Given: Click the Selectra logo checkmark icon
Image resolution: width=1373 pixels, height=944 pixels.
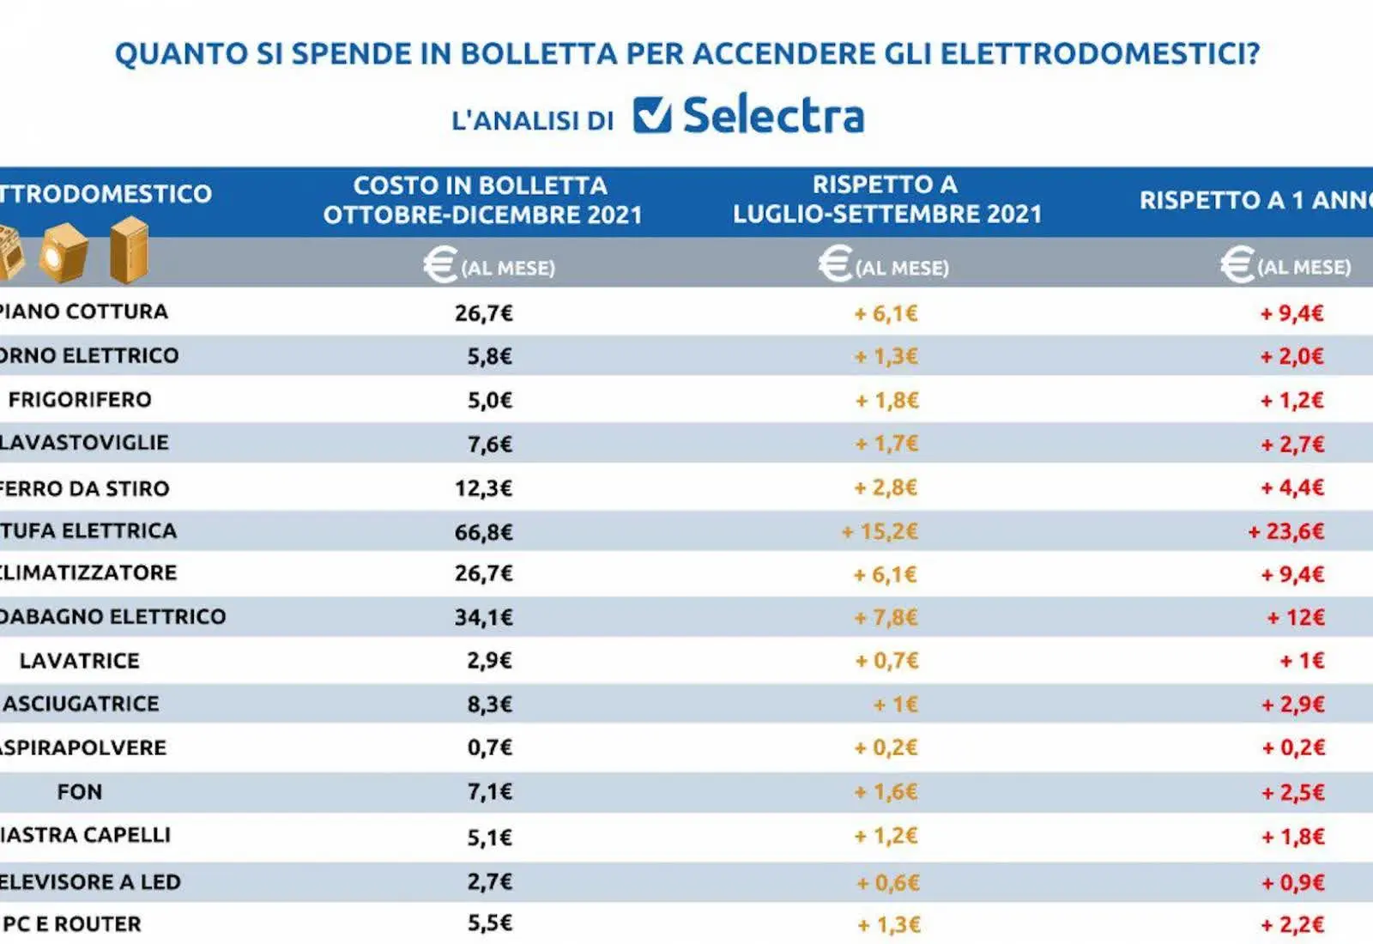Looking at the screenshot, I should point(652,114).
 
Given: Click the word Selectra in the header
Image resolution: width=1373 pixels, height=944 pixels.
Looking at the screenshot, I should point(773,116).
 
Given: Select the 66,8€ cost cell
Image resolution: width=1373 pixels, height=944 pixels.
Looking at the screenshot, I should point(483,532).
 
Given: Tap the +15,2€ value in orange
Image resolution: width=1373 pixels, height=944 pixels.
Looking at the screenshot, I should point(880,531).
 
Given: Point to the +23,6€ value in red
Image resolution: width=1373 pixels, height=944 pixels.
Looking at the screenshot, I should point(1286,531).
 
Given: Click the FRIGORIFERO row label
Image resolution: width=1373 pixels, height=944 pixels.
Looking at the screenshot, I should point(80,400).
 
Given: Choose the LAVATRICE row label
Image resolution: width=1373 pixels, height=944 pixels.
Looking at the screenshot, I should point(80,661).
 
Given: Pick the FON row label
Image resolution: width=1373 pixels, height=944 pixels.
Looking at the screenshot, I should point(80,791).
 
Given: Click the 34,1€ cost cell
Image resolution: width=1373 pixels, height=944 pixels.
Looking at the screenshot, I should point(483,617).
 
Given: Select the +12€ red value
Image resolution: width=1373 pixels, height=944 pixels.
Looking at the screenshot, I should point(1296,617).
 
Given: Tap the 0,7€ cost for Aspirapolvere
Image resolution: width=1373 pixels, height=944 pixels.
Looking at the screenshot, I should point(489,747).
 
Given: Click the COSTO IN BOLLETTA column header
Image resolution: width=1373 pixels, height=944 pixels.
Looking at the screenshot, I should point(481,200).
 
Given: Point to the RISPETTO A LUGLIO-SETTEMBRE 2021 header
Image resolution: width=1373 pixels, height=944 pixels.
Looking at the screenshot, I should point(886,199).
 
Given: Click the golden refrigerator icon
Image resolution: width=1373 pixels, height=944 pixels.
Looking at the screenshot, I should point(130,251).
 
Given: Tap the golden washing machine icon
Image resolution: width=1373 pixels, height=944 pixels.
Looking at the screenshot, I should point(64,252).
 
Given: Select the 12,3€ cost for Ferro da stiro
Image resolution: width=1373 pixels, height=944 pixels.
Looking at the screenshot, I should point(483,488).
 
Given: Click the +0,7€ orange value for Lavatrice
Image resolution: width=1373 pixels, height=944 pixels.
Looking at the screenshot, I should point(886,661).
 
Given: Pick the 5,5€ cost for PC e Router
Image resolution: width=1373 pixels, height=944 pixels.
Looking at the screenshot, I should point(489,923).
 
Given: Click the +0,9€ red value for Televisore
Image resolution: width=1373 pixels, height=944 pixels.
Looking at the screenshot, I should point(1293,882).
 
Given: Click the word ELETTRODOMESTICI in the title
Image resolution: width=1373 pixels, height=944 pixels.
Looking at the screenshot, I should point(1100,53).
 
